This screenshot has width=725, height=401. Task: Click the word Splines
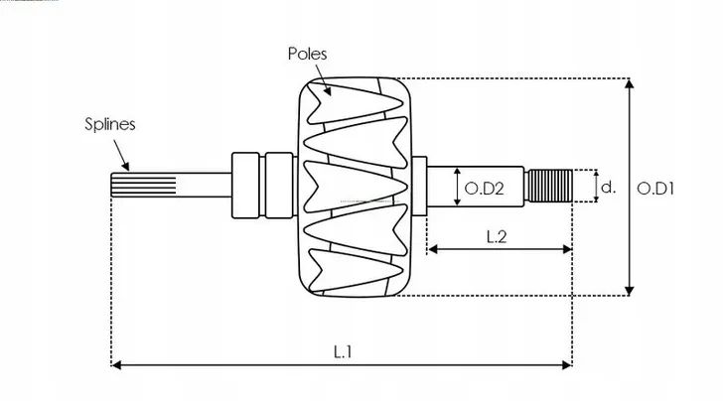point(109,125)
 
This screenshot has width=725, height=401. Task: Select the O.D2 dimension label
point(481,187)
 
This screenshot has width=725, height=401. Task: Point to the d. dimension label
point(610,186)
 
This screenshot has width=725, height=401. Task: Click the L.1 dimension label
point(343,351)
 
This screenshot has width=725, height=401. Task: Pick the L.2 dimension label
point(499,235)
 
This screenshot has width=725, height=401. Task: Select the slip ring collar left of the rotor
point(249,186)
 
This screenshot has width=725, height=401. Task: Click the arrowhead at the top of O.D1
point(630,83)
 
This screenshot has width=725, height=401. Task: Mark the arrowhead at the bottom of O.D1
point(630,289)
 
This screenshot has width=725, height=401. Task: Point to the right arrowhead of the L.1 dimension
point(567,365)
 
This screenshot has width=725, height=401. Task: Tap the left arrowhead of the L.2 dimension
point(432,249)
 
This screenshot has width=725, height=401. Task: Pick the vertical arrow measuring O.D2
point(457,187)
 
